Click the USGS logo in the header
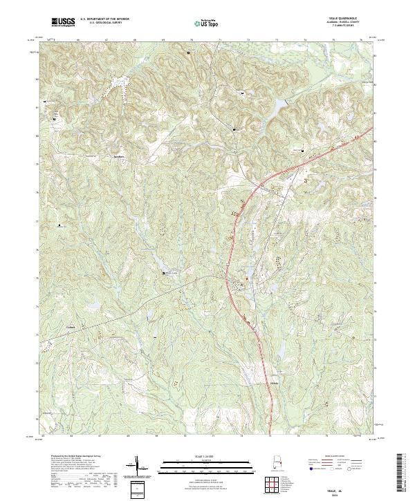(63, 22)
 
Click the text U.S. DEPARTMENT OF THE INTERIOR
(104, 19)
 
